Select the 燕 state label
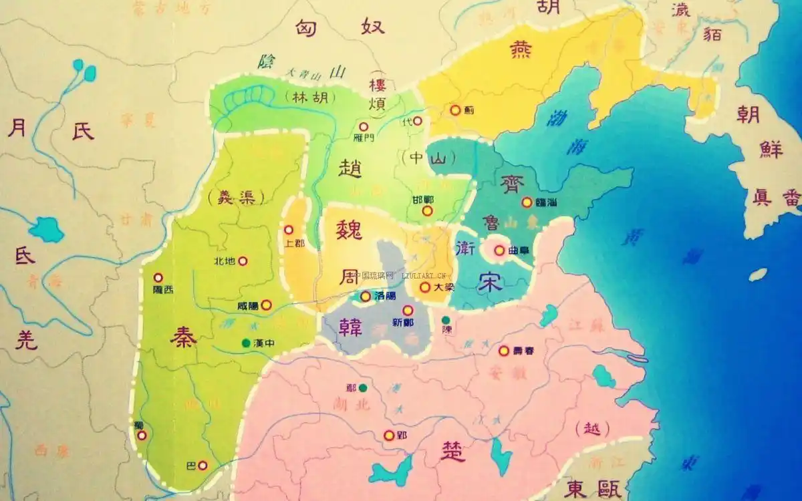(x=521, y=50)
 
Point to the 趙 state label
(x=350, y=169)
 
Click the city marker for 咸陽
(x=266, y=305)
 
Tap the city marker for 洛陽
(x=366, y=296)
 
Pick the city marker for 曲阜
(x=499, y=251)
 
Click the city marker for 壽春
(x=504, y=350)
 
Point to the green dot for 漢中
(x=247, y=343)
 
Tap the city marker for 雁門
(x=364, y=126)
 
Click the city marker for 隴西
(x=158, y=277)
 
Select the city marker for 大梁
(x=424, y=287)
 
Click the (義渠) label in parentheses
(x=235, y=197)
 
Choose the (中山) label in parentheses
(x=429, y=159)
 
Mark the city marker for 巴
(x=203, y=465)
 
